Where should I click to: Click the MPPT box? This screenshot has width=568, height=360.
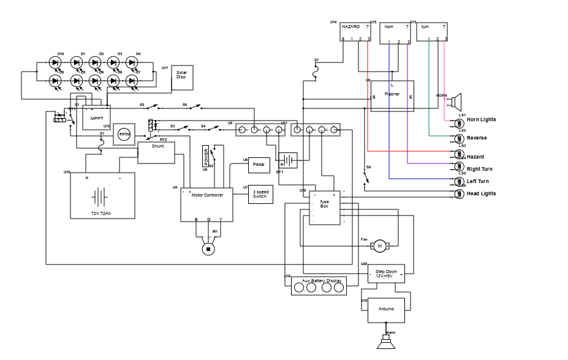[96, 118]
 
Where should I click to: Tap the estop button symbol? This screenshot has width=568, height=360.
[124, 134]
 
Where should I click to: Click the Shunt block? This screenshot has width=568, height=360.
[156, 152]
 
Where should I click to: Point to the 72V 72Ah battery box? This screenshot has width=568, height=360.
[102, 195]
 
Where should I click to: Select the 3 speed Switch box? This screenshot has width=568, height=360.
[260, 194]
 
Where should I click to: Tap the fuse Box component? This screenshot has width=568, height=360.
[324, 208]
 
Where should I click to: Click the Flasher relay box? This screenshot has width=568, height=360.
[392, 96]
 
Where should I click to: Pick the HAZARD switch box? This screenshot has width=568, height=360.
[355, 32]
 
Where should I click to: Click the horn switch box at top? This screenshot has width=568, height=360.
[395, 33]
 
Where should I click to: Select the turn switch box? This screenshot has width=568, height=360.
[432, 32]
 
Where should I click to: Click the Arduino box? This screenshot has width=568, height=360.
[386, 310]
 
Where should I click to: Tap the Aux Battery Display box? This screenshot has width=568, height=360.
[319, 286]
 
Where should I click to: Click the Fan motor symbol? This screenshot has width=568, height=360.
[379, 246]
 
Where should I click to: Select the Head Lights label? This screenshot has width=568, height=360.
[482, 193]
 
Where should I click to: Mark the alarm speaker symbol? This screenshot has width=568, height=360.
[387, 343]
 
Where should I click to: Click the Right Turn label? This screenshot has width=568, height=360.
[480, 169]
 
